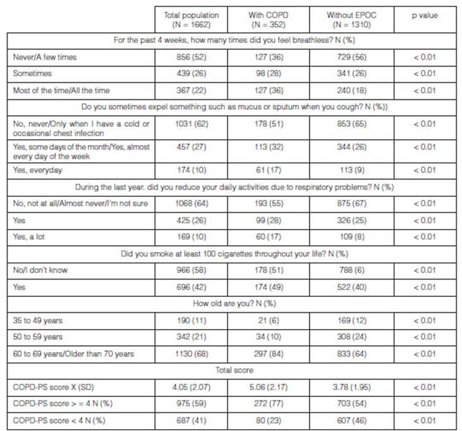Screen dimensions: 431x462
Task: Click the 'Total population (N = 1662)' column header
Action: pyautogui.click(x=192, y=19)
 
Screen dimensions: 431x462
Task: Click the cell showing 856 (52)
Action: pyautogui.click(x=192, y=57)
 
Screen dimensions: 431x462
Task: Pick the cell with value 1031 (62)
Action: pyautogui.click(x=192, y=124)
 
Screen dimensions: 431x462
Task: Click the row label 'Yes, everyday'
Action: pyautogui.click(x=35, y=170)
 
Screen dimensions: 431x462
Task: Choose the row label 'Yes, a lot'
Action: pyautogui.click(x=29, y=237)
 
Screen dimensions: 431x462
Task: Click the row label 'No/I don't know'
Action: pyautogui.click(x=38, y=270)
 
